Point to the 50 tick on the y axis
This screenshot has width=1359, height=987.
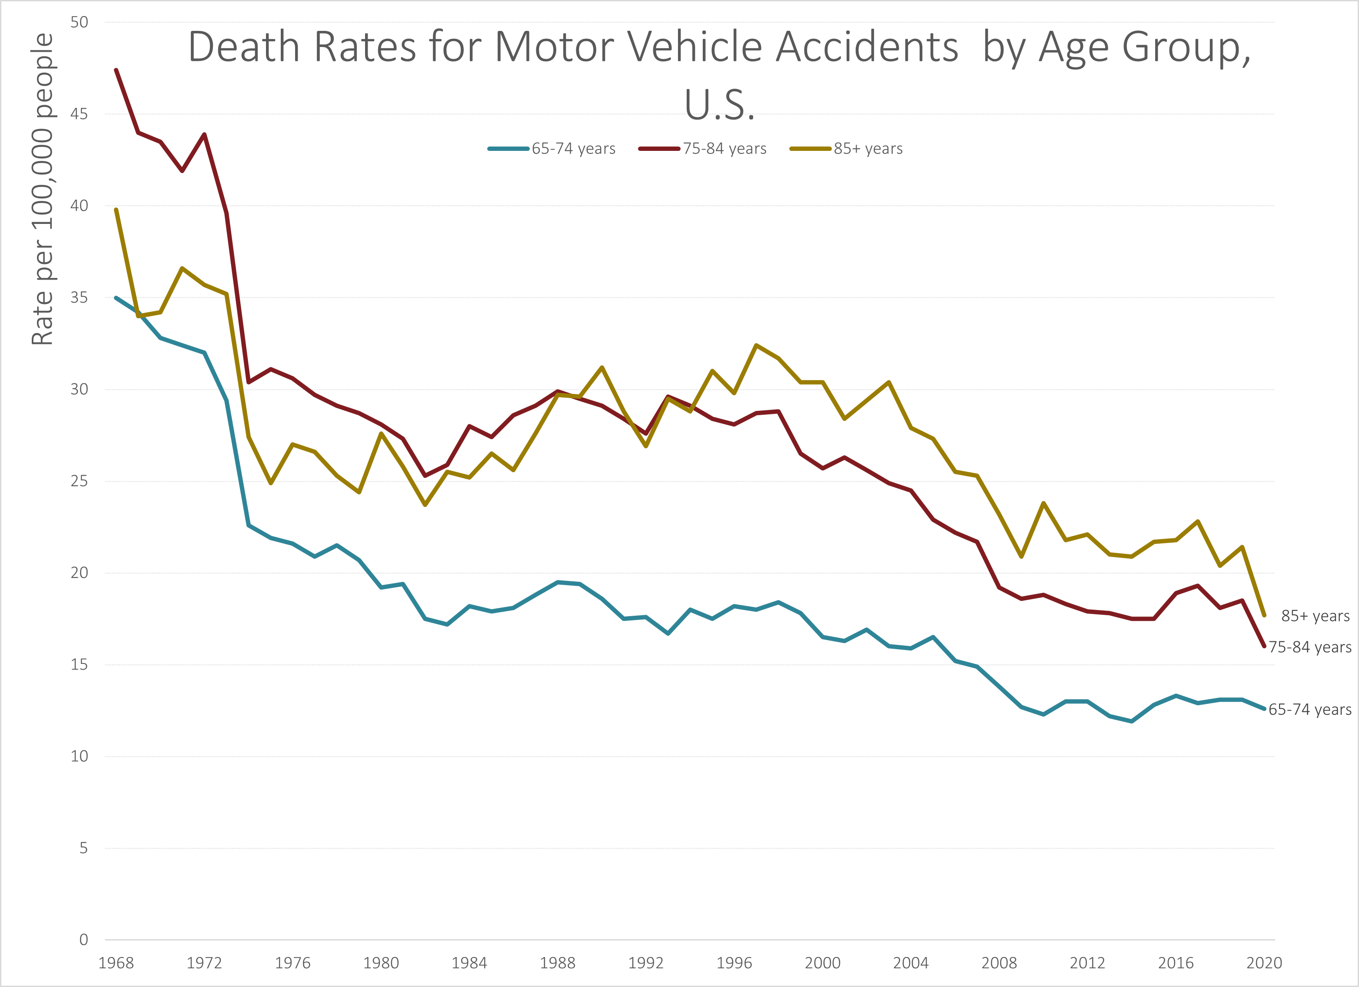79,22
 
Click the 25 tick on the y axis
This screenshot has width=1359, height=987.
79,481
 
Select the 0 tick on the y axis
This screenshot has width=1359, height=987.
83,940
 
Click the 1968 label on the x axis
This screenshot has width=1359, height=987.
116,963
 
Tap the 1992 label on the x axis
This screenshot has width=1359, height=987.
646,963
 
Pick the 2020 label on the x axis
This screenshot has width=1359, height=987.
1264,963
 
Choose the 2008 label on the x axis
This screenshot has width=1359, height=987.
999,963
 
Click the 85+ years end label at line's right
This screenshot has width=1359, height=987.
1315,616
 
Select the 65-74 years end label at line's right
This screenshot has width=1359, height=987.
1310,709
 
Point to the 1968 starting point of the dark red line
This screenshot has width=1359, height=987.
116,70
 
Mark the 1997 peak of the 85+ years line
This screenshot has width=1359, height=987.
756,345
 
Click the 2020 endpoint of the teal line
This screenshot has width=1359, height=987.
1264,709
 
